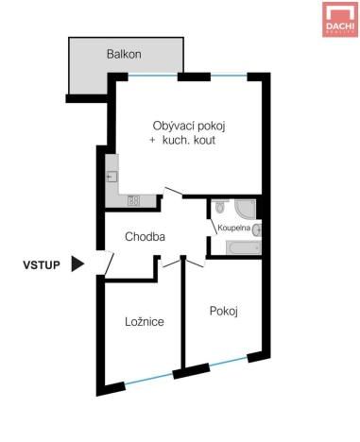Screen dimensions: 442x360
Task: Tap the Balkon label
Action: pos(123,54)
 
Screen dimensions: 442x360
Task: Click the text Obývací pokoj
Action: pos(189,126)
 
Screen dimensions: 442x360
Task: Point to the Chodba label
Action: pos(146,237)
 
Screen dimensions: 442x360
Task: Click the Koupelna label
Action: pos(232,229)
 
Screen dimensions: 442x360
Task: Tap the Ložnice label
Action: pos(145,322)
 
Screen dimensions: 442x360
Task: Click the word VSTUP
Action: pos(43,265)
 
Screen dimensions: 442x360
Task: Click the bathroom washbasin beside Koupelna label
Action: pos(256,229)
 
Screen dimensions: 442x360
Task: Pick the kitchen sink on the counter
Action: pos(112,177)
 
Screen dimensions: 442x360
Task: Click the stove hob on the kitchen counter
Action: pos(133,200)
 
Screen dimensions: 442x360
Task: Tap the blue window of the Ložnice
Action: pos(147,379)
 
